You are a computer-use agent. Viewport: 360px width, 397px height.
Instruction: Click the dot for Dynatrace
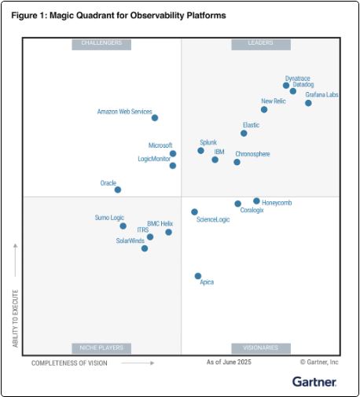point(286,85)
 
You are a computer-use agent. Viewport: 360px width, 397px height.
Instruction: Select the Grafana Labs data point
point(308,103)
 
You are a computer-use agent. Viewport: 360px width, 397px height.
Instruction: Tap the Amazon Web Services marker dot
point(155,118)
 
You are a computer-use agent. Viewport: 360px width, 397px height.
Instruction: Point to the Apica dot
point(198,276)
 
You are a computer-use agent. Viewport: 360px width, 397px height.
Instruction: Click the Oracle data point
point(118,189)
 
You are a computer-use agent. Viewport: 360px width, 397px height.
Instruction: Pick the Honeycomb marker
point(256,201)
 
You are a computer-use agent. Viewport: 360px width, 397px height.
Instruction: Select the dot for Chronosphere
point(237,162)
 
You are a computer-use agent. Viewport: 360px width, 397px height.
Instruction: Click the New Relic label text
point(273,101)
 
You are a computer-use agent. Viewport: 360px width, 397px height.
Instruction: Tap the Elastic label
point(251,125)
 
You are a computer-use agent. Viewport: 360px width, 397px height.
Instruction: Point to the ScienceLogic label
point(213,219)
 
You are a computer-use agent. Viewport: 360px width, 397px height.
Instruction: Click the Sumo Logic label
point(110,217)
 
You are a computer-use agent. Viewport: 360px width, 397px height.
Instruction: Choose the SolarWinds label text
point(130,241)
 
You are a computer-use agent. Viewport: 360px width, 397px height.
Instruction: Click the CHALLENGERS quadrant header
point(101,43)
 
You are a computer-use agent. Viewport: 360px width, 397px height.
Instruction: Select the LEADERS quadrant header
point(261,43)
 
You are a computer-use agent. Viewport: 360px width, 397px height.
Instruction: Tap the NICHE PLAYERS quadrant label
point(101,347)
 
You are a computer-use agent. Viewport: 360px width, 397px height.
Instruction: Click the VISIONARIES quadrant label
point(261,347)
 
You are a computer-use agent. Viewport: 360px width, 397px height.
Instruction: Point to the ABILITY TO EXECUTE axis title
point(15,300)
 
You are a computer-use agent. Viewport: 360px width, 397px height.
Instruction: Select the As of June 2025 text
point(228,362)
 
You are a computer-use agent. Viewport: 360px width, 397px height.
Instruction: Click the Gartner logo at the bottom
point(314,381)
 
